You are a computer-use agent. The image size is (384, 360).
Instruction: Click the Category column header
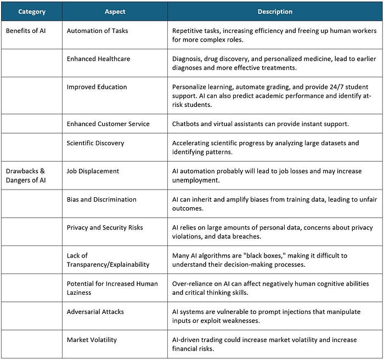click(31, 12)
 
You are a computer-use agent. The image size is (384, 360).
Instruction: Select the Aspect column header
click(115, 12)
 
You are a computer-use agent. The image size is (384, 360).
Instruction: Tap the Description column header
click(275, 12)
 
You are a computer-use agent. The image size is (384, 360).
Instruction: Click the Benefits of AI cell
click(26, 31)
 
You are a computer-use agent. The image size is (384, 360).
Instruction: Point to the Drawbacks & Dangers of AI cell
click(26, 175)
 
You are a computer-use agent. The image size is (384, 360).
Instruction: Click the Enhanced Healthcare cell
click(98, 59)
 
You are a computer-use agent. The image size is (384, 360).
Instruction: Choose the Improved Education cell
click(97, 87)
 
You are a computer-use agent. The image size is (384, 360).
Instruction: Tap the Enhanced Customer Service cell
click(108, 124)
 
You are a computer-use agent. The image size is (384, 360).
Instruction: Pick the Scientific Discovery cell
click(95, 143)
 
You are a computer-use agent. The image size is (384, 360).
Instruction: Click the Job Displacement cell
click(93, 171)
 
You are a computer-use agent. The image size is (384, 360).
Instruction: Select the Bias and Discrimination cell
click(101, 199)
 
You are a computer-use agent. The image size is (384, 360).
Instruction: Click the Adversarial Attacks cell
click(95, 312)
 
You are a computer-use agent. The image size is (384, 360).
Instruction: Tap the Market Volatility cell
click(92, 340)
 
